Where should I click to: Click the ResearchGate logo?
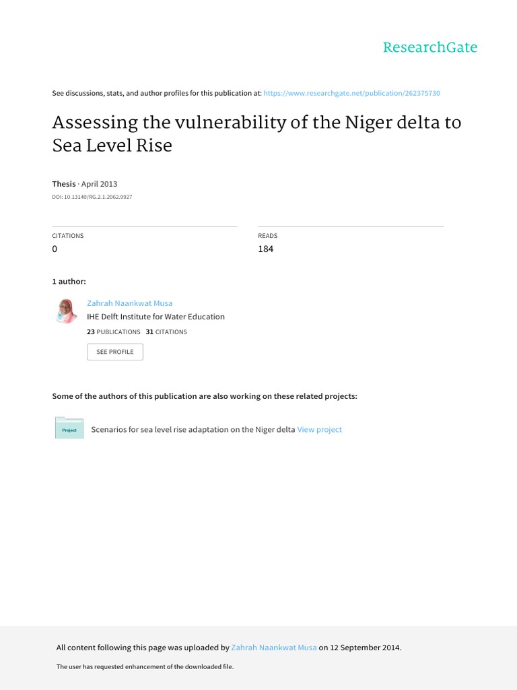[429, 47]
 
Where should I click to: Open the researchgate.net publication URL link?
[351, 93]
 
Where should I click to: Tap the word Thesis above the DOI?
[64, 184]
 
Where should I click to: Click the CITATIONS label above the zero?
[68, 236]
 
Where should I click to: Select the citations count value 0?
[55, 249]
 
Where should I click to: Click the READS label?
[268, 236]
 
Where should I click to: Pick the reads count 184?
[266, 249]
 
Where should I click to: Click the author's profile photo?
[67, 311]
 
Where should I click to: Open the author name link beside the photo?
[130, 303]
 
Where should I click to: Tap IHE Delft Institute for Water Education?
[156, 317]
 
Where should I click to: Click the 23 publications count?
[91, 332]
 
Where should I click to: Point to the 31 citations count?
[149, 332]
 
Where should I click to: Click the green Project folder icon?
[69, 429]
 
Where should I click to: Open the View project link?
[320, 429]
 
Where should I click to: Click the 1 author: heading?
[69, 281]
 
